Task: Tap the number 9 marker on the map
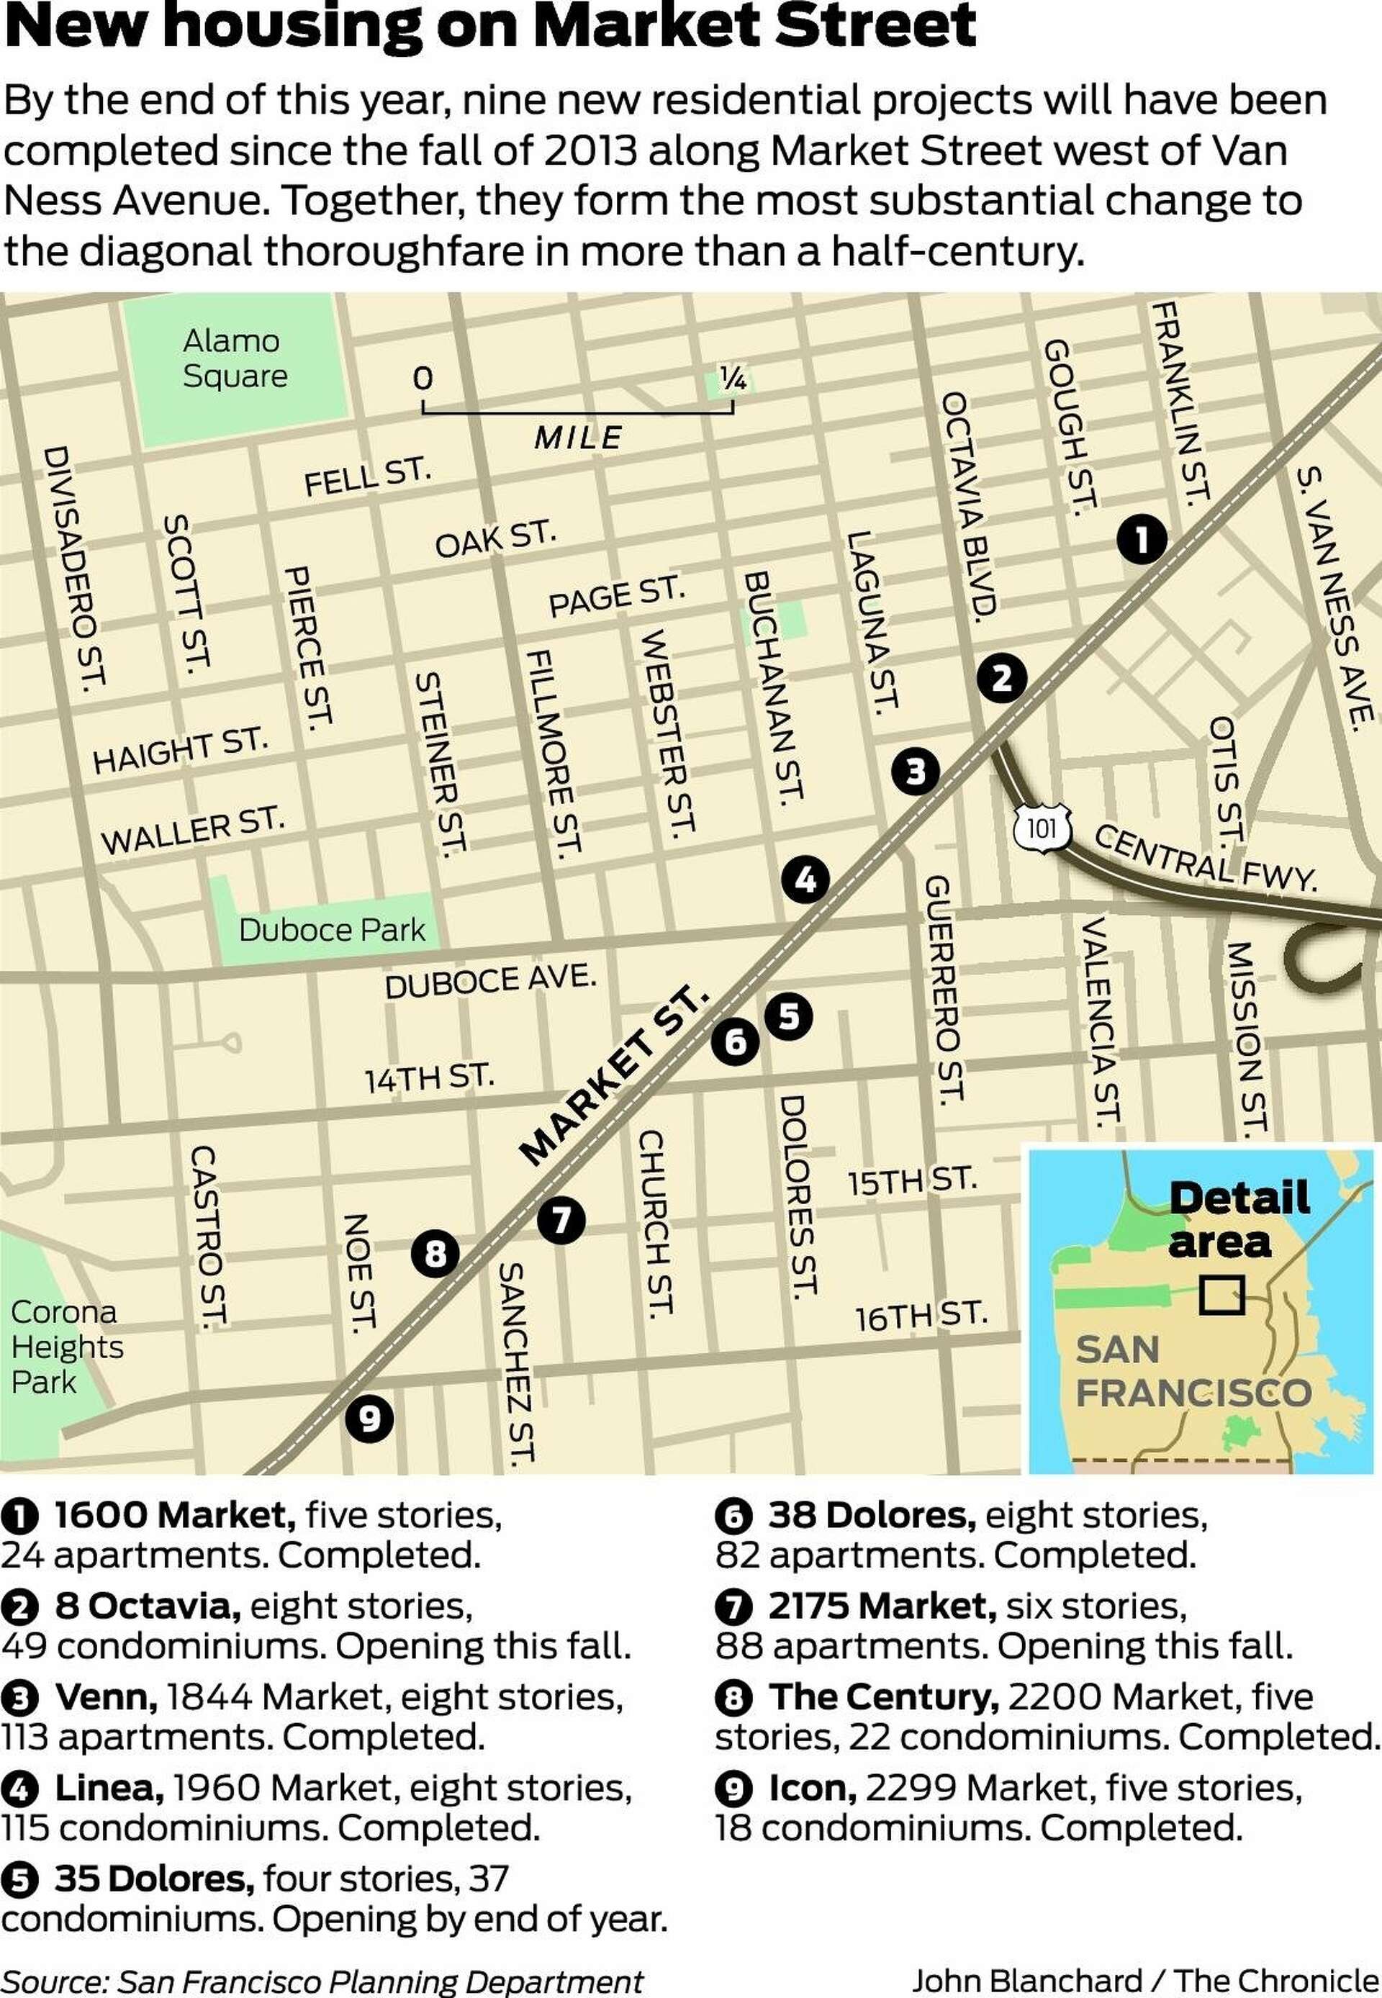click(x=370, y=1418)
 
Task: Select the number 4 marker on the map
click(x=805, y=880)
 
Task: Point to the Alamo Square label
click(x=234, y=358)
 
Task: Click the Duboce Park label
click(x=332, y=930)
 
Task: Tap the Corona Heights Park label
click(x=66, y=1347)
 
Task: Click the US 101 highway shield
click(x=1042, y=828)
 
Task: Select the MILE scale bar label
click(x=577, y=437)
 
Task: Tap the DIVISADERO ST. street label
click(x=73, y=568)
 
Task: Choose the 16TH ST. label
click(x=921, y=1316)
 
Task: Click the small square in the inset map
click(x=1221, y=1295)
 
